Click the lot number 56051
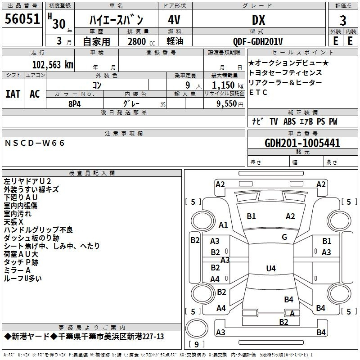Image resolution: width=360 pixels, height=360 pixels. (22, 18)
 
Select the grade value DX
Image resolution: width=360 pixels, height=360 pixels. (258, 20)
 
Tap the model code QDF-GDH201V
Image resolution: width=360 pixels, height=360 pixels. (258, 41)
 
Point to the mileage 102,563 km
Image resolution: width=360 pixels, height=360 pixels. (53, 65)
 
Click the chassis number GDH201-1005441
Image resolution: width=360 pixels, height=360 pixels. (302, 143)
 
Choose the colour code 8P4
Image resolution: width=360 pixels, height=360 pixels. (75, 104)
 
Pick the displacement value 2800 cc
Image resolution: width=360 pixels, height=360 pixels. (141, 41)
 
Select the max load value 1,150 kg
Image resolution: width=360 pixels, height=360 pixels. (228, 85)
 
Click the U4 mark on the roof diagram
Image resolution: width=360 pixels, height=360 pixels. (271, 268)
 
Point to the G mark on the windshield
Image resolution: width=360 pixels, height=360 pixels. (284, 237)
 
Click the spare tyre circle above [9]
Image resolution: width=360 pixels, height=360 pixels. (197, 328)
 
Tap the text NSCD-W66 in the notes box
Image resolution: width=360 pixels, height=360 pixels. (35, 143)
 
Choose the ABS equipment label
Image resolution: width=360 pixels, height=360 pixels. (289, 121)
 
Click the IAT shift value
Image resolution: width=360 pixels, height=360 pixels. (13, 94)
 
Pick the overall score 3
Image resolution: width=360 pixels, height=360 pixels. (343, 20)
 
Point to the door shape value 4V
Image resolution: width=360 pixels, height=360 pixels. (174, 20)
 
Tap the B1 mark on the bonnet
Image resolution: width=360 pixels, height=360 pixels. (251, 216)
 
